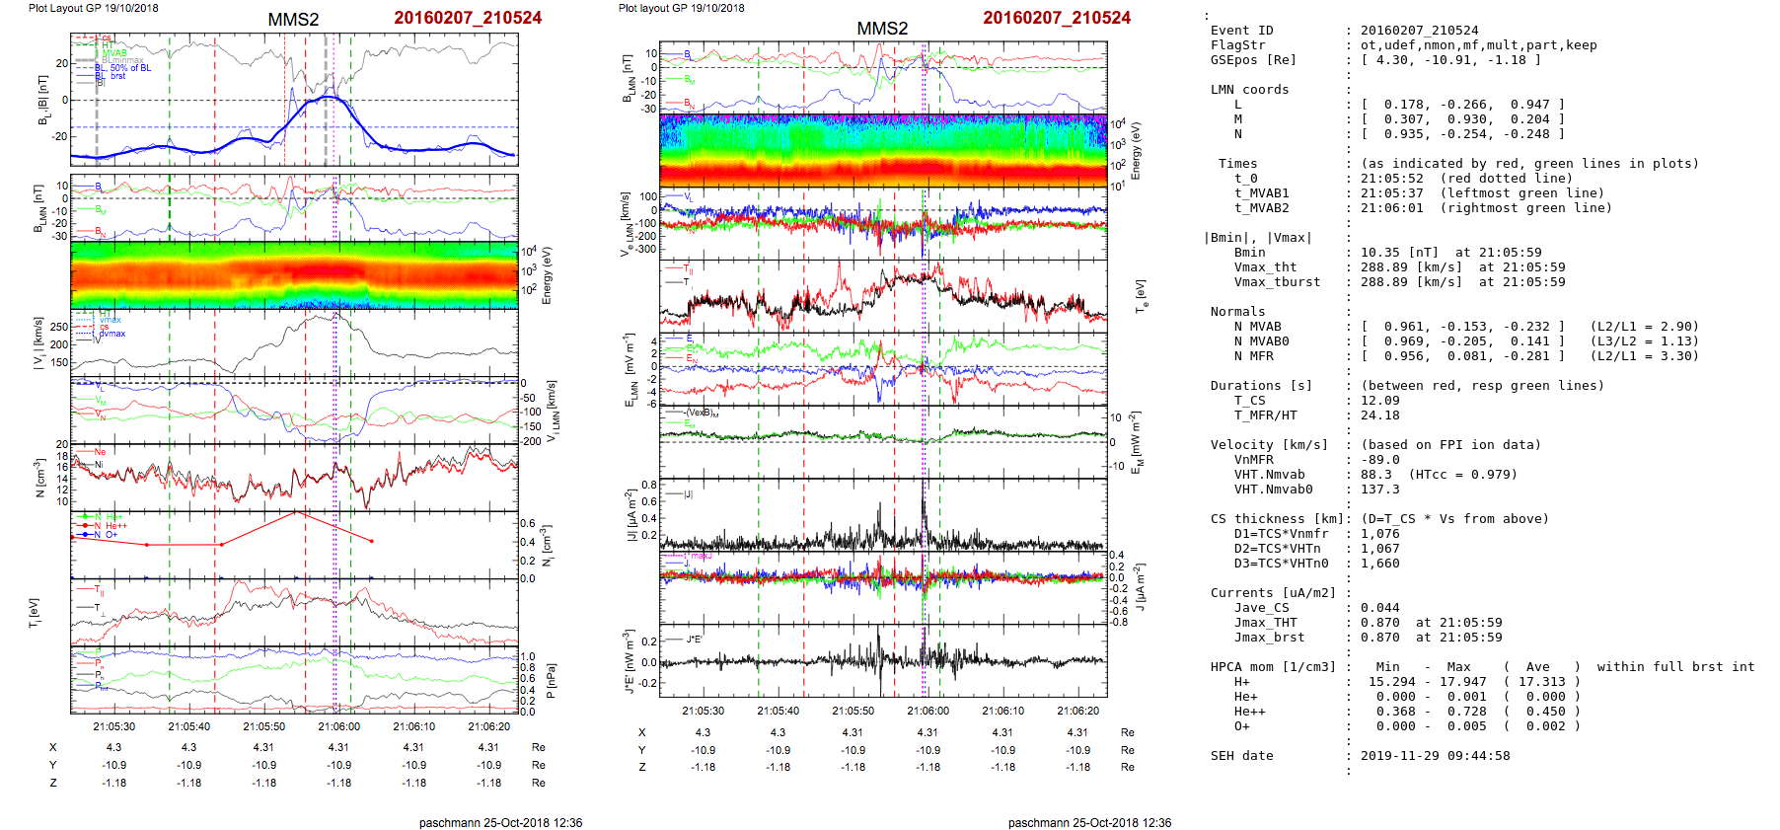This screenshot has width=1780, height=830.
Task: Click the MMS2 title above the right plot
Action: [x=881, y=29]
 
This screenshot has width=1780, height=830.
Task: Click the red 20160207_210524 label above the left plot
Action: [x=467, y=18]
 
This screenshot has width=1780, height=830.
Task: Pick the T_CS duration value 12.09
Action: [x=1379, y=401]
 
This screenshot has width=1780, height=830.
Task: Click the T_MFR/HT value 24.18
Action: [x=1379, y=415]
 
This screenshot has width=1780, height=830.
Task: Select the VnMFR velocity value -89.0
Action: [x=1379, y=460]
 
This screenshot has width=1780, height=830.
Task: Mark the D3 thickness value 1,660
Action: [x=1379, y=564]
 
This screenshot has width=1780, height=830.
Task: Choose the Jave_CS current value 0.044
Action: [x=1379, y=608]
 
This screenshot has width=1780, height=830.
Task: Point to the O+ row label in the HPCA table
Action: [x=1241, y=726]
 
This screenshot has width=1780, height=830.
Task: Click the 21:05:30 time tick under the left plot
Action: [x=114, y=726]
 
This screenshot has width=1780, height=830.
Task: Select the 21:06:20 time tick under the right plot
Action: [x=1077, y=711]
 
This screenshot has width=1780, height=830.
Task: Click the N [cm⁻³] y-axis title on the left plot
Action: [x=40, y=478]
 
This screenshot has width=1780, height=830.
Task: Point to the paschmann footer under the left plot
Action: [x=500, y=822]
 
